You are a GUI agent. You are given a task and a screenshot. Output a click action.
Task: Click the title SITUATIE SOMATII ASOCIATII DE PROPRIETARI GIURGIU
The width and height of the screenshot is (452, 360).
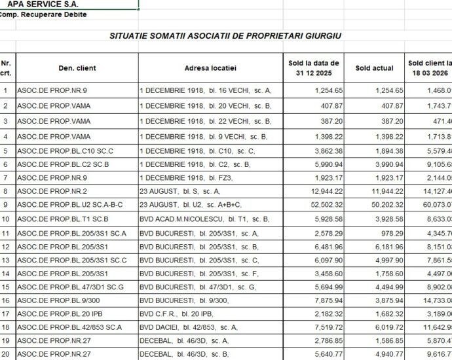pos(225,36)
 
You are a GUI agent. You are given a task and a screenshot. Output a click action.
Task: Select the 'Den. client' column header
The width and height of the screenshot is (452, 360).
pos(77,67)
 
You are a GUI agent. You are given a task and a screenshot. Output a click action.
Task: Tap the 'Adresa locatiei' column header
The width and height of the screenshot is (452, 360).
pos(210,67)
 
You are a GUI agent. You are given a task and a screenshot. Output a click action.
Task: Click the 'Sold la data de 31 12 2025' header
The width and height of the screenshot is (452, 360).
pos(314,67)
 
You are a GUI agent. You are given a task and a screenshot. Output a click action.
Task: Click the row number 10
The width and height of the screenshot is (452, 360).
pos(7,219)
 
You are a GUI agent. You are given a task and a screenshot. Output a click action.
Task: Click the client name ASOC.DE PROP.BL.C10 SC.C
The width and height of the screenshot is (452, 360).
pos(58,151)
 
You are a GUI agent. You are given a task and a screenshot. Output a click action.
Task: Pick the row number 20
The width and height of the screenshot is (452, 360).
pos(7,355)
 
